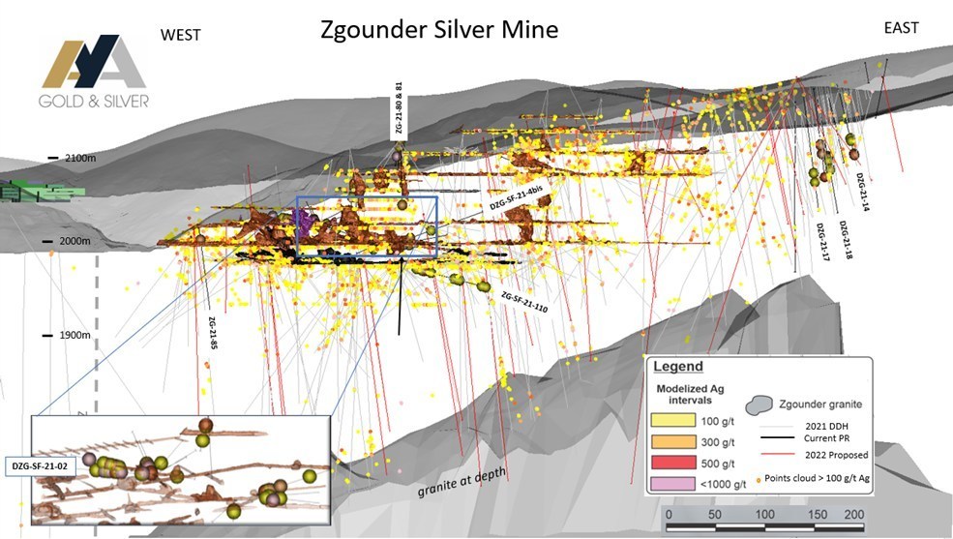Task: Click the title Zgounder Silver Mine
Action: click(439, 30)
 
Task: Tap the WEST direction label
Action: click(180, 35)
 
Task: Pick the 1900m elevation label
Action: click(74, 335)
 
